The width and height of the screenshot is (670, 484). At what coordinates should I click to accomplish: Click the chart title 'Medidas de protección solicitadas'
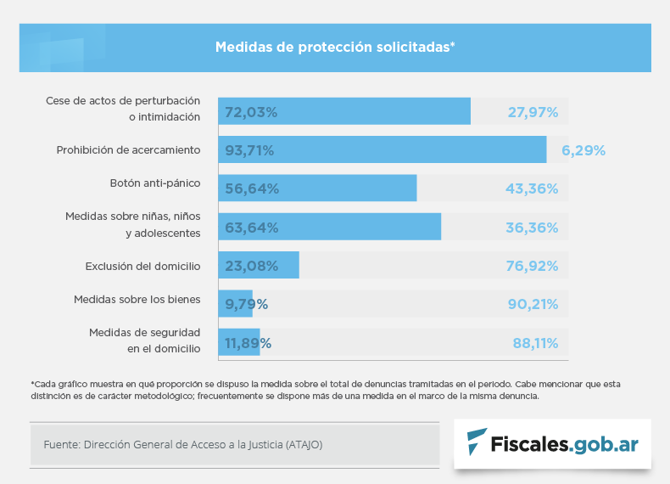[x=335, y=47]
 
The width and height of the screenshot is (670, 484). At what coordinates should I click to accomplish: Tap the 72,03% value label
[x=252, y=111]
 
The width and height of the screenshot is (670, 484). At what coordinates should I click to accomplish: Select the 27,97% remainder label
[x=533, y=111]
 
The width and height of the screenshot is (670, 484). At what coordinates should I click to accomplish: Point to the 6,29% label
[x=583, y=150]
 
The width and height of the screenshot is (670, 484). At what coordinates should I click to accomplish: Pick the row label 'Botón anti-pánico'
[x=155, y=183]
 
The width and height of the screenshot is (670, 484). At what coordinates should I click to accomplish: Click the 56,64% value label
[x=252, y=189]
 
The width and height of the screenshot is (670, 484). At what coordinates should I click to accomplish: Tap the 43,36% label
[x=532, y=189]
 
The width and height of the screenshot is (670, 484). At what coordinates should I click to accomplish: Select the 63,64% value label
[x=252, y=228]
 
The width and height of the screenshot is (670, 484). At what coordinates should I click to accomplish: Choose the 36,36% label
[x=532, y=228]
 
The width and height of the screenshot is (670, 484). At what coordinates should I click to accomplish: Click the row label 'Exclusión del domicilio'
[x=142, y=266]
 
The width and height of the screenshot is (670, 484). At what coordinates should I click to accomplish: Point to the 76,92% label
[x=532, y=266]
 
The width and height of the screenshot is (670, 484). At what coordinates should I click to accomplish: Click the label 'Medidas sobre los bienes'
[x=137, y=299]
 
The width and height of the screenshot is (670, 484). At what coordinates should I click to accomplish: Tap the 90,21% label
[x=532, y=304]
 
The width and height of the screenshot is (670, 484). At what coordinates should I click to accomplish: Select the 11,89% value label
[x=248, y=343]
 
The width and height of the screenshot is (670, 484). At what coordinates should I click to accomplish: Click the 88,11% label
[x=535, y=343]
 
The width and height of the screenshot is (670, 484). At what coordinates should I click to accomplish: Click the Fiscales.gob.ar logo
[x=553, y=443]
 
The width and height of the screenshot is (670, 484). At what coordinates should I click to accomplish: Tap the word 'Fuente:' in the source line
[x=60, y=444]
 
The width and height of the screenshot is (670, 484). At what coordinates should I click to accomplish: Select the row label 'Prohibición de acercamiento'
[x=128, y=150]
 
